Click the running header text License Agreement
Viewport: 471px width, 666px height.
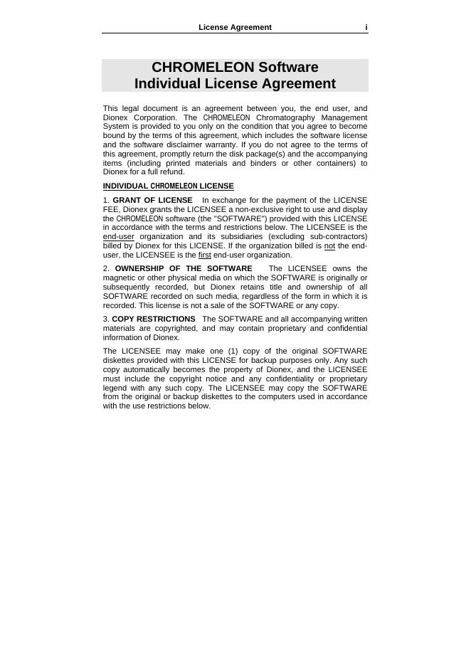(235, 27)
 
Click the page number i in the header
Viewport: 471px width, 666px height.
(366, 27)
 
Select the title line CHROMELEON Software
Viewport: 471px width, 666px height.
(235, 67)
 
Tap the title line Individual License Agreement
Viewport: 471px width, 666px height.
(235, 84)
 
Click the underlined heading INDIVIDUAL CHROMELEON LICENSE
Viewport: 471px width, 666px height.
(168, 186)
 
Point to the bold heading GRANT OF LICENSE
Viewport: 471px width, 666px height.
(152, 200)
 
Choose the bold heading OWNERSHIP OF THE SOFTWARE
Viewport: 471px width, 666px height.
(184, 268)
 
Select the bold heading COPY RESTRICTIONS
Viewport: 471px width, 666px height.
(154, 319)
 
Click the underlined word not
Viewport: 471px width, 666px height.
(329, 245)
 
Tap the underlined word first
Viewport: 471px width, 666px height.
(204, 255)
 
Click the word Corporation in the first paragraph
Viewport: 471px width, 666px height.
(152, 117)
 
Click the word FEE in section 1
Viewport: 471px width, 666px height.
(111, 209)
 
